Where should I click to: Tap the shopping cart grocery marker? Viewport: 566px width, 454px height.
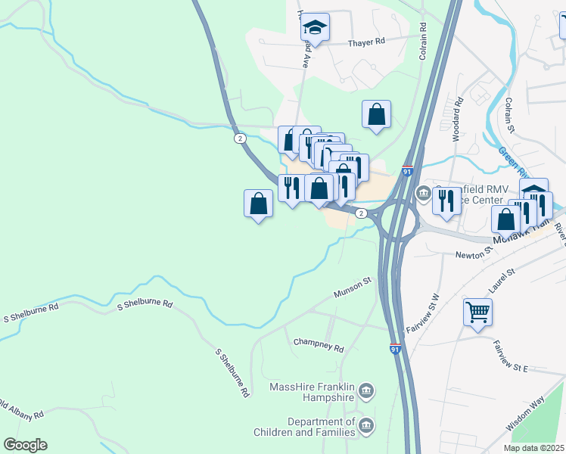[x=478, y=312]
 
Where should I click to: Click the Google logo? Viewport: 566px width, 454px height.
[x=25, y=445]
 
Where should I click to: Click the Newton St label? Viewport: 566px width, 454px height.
[x=474, y=255]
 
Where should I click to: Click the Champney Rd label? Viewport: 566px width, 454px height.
[x=319, y=345]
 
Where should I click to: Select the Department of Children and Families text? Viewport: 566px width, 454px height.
[x=321, y=427]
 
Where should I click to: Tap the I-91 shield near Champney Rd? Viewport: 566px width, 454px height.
[x=395, y=348]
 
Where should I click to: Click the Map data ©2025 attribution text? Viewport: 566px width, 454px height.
[x=533, y=448]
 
